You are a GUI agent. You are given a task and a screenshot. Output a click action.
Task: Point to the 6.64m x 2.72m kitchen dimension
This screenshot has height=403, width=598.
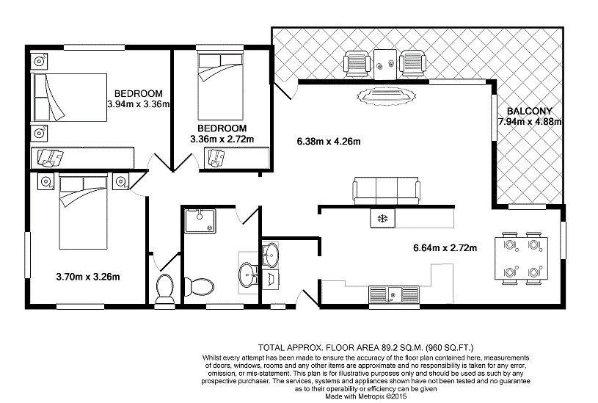point(445,248)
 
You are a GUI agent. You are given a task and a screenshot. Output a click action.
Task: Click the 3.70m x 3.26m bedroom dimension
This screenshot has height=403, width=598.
point(88,277)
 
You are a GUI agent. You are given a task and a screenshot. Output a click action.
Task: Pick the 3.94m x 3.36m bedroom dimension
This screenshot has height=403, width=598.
point(138,104)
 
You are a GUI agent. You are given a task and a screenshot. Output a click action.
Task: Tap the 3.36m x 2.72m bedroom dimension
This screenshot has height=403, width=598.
point(222,139)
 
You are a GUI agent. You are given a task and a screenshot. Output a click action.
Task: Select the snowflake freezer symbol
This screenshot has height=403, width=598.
point(381,218)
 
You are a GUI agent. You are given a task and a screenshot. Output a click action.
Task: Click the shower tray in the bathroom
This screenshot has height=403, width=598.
point(200,220)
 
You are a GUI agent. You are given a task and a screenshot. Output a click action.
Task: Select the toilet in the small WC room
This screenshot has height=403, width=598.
point(164,287)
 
